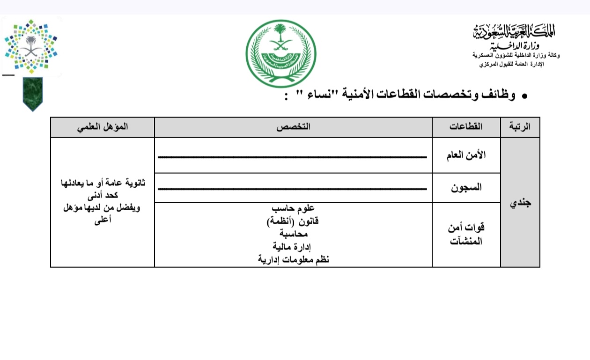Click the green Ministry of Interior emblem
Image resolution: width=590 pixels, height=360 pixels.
click(x=281, y=53)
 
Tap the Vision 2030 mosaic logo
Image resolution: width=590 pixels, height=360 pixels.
click(x=31, y=47)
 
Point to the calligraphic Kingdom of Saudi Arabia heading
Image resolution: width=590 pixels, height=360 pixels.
click(x=514, y=32)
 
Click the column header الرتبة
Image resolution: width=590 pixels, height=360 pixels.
click(x=520, y=127)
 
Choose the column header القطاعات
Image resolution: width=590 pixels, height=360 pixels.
click(x=466, y=127)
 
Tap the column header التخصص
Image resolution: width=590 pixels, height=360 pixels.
click(x=293, y=127)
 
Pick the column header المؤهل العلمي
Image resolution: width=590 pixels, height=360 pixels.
click(x=103, y=127)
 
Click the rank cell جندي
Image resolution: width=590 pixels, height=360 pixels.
click(x=520, y=203)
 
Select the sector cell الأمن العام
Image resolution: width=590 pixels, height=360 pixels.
click(x=466, y=155)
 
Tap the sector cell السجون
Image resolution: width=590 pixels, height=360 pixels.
click(x=466, y=188)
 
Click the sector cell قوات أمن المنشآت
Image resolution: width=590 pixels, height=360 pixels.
click(x=466, y=235)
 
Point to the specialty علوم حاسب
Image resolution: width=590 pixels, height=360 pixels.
click(x=293, y=208)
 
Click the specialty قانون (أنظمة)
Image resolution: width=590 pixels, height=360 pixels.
click(x=293, y=220)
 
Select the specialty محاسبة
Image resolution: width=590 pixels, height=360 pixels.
click(x=293, y=233)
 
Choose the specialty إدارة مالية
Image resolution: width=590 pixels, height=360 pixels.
click(x=293, y=246)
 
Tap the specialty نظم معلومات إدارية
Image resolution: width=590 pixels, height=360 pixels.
click(x=293, y=259)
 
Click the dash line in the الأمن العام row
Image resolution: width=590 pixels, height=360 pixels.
click(x=293, y=156)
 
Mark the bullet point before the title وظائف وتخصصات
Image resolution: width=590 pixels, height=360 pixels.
click(x=525, y=96)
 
